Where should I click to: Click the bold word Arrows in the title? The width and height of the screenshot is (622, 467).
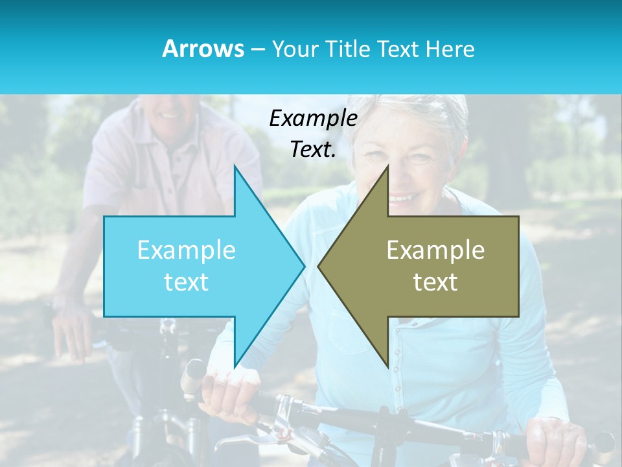(203, 49)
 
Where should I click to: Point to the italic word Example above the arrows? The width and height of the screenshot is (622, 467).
(314, 119)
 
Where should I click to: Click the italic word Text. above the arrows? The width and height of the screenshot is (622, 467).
(314, 150)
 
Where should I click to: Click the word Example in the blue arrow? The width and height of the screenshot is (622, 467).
(187, 250)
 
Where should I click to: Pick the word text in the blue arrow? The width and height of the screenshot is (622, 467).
(187, 282)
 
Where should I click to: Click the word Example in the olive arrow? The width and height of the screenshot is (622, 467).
(435, 250)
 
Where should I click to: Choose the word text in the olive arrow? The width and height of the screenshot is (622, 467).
(435, 282)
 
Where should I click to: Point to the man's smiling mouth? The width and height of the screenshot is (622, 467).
(170, 114)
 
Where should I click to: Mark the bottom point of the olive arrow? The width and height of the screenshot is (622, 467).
(387, 365)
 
